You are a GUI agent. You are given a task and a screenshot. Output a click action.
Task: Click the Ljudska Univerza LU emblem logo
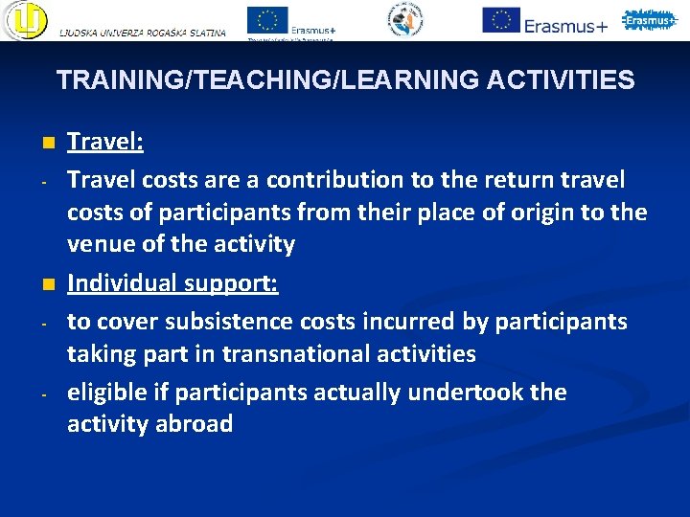click(x=25, y=19)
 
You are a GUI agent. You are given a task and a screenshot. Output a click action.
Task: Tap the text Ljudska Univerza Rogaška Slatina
click(x=143, y=33)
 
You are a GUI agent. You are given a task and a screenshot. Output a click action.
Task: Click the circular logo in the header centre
click(x=405, y=19)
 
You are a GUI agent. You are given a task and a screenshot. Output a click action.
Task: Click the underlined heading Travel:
click(x=104, y=143)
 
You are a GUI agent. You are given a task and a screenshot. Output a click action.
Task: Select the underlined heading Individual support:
click(x=172, y=283)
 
